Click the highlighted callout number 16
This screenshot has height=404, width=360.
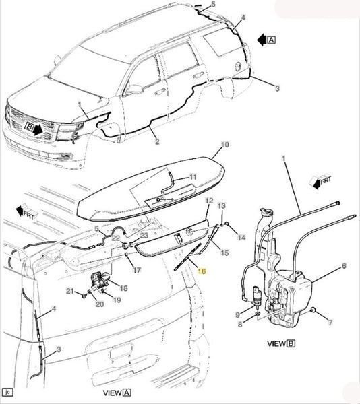pyautogui.click(x=202, y=271)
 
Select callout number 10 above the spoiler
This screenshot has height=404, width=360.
pyautogui.click(x=225, y=145)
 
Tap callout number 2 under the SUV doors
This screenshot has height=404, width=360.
pyautogui.click(x=157, y=141)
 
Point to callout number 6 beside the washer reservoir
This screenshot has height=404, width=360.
pyautogui.click(x=344, y=266)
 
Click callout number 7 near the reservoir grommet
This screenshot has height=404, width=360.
pyautogui.click(x=330, y=323)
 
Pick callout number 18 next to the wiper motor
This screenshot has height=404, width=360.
pyautogui.click(x=124, y=288)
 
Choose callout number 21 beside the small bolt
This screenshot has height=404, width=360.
pyautogui.click(x=70, y=291)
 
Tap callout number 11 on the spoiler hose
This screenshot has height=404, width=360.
pyautogui.click(x=193, y=177)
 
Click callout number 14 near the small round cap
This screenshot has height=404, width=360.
pyautogui.click(x=241, y=238)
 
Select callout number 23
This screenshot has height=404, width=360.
pyautogui.click(x=144, y=236)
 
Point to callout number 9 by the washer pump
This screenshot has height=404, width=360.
pyautogui.click(x=237, y=314)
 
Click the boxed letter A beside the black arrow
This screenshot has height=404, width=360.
pyautogui.click(x=271, y=40)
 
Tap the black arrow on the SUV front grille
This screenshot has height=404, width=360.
pyautogui.click(x=38, y=129)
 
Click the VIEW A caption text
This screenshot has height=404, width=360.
pyautogui.click(x=117, y=393)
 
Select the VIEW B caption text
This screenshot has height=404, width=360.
pyautogui.click(x=281, y=343)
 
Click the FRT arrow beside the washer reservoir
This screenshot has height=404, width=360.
pyautogui.click(x=320, y=182)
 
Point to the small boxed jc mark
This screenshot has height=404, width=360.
pyautogui.click(x=8, y=392)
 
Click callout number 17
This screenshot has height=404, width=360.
pyautogui.click(x=137, y=270)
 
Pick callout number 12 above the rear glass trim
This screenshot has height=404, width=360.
pyautogui.click(x=209, y=201)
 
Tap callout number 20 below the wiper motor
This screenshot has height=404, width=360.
pyautogui.click(x=100, y=304)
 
